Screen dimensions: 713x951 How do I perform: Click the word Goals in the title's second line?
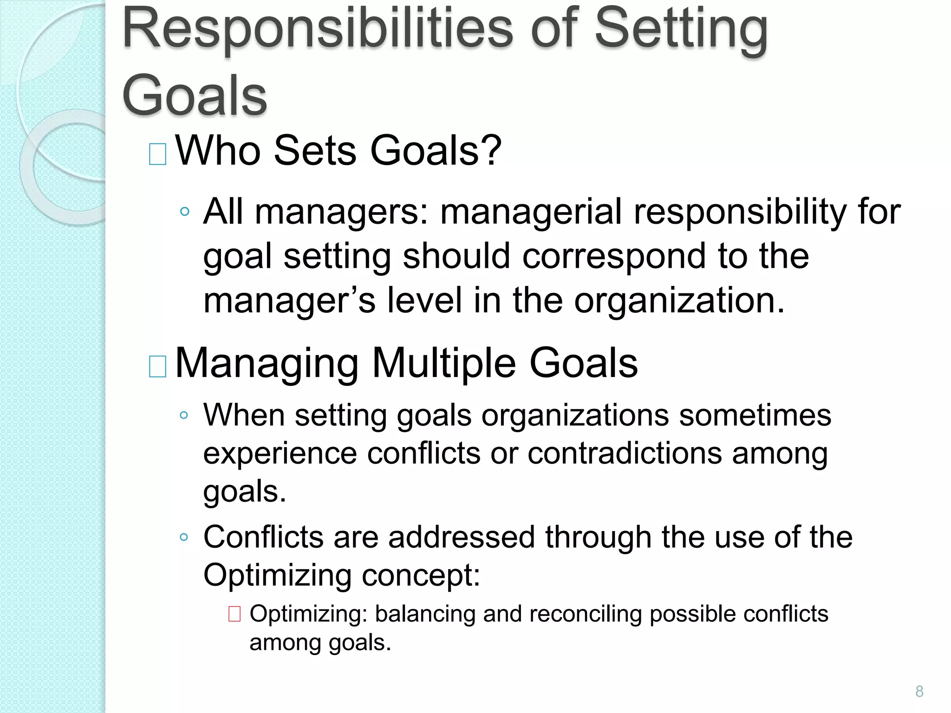click(x=195, y=96)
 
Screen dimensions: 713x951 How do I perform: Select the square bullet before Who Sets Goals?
click(x=157, y=154)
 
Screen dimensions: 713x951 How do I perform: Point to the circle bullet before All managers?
click(x=184, y=212)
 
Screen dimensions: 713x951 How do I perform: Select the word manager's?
click(x=289, y=300)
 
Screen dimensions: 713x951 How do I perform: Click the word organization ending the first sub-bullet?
click(x=679, y=301)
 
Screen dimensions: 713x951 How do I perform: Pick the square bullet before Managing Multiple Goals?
click(x=157, y=366)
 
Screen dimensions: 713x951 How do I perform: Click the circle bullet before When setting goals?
click(x=184, y=415)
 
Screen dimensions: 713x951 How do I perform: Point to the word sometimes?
click(x=755, y=415)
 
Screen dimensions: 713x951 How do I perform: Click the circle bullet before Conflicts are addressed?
click(x=184, y=537)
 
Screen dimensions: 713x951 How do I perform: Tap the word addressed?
click(x=462, y=537)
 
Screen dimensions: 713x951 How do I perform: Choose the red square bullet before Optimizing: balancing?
click(x=234, y=614)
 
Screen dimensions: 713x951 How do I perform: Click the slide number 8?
click(x=919, y=691)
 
